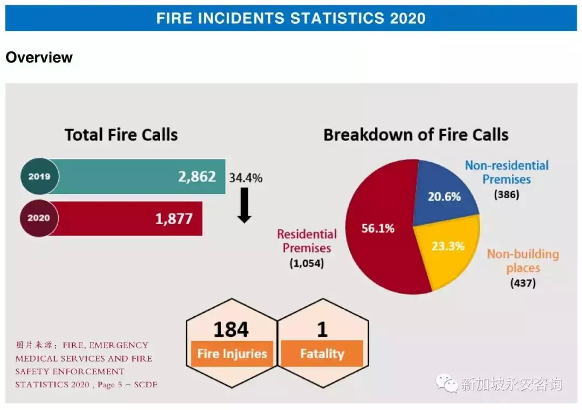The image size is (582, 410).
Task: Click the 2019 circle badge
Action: tap(40, 176)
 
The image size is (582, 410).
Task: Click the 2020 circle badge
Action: tap(39, 218)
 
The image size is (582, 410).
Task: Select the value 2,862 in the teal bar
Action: tap(197, 177)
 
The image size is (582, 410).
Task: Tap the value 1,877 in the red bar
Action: tap(174, 219)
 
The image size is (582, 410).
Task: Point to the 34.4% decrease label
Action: tap(246, 178)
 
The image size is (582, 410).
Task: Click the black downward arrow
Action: tap(244, 205)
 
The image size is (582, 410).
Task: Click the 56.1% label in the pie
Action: tap(378, 228)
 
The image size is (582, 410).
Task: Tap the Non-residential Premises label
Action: tap(507, 172)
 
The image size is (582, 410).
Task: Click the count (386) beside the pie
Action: tap(506, 194)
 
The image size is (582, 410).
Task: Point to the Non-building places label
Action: tap(523, 261)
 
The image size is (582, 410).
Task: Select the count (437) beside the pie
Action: tap(523, 283)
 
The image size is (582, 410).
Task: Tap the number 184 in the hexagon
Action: tap(231, 329)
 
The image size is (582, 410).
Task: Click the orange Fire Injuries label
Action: tap(232, 353)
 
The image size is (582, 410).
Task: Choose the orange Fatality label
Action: tap(322, 353)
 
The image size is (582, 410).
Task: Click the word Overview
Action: tap(39, 58)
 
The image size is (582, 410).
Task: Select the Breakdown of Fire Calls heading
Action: tap(415, 135)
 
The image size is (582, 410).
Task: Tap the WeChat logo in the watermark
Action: tap(447, 383)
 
